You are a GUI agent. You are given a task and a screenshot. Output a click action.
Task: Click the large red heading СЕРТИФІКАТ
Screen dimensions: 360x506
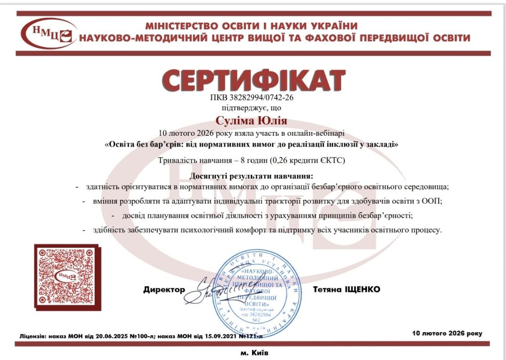point(253,81)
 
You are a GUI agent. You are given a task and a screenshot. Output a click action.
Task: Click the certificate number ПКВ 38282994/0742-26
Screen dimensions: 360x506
point(253,98)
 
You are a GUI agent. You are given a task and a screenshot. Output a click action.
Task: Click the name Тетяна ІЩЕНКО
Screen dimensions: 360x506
point(346,289)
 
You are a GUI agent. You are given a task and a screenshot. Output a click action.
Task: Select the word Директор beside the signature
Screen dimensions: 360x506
point(164,290)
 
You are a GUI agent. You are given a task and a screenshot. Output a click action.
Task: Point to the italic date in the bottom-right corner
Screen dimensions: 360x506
point(447,333)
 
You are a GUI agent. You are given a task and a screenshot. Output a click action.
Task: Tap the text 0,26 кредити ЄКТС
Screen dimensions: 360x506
point(308,161)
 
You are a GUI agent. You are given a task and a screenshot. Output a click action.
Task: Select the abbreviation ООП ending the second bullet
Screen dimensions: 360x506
point(433,201)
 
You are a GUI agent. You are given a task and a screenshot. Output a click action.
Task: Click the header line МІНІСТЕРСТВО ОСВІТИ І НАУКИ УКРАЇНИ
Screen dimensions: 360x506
point(251,26)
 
